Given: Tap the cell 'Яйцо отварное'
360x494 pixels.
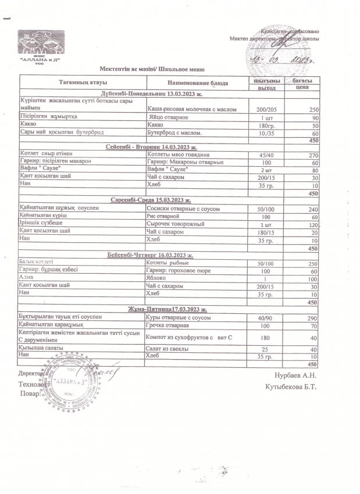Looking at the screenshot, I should [169, 118].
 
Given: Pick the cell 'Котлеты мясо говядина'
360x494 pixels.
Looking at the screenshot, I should [179, 154].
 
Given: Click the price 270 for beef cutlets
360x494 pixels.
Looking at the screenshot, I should [312, 155].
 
